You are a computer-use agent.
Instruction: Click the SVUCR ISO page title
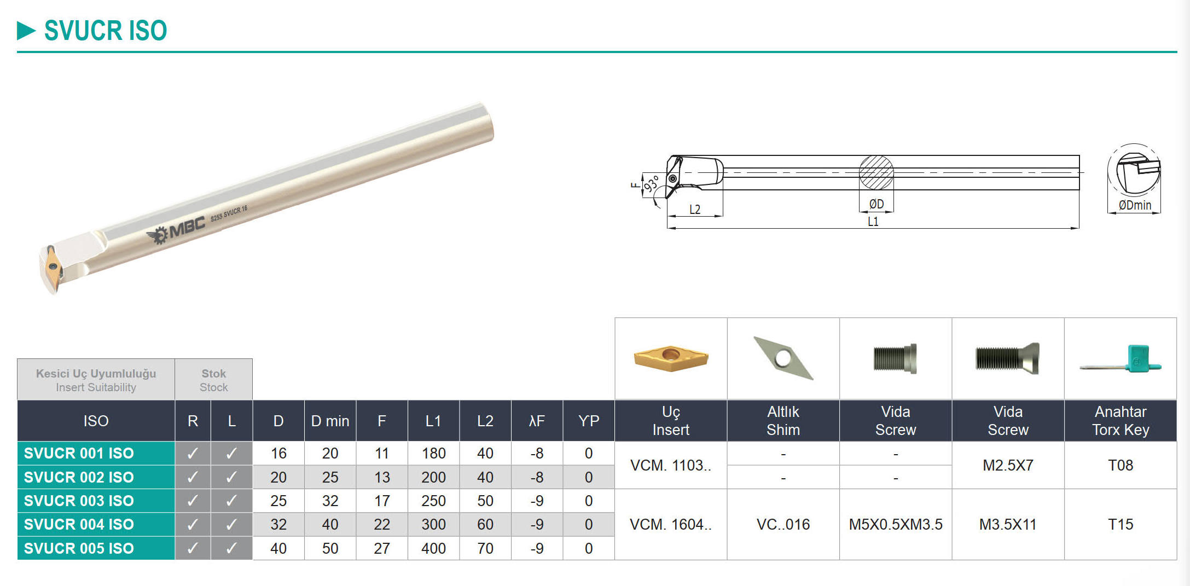coord(105,31)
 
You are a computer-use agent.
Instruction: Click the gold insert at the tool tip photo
coord(54,267)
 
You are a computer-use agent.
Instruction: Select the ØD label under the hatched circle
coord(876,204)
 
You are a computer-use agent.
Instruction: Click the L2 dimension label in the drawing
coord(695,210)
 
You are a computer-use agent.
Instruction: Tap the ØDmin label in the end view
coord(1135,205)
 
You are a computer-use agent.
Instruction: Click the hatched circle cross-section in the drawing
coord(876,173)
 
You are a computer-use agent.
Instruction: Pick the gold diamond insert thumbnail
coord(671,358)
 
